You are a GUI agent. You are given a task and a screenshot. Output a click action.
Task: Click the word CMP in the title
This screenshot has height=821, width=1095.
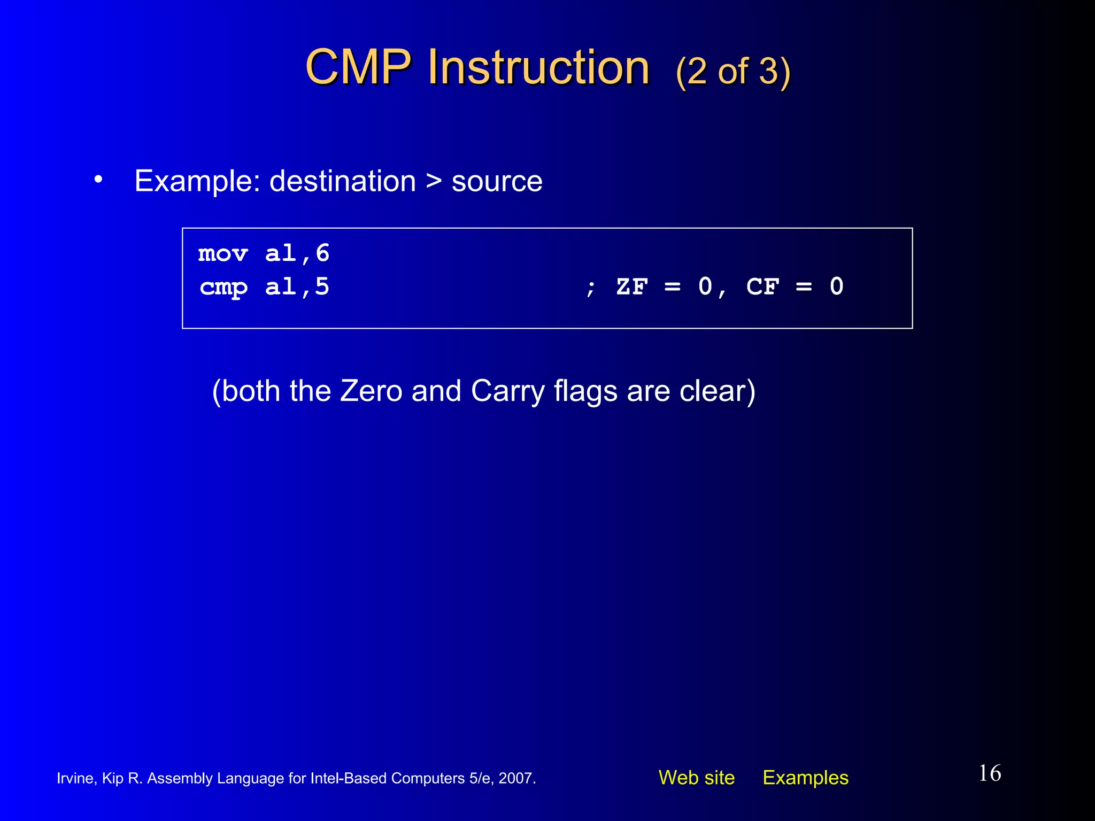[x=358, y=68]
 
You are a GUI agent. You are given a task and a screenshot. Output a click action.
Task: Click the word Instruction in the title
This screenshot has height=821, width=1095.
[x=538, y=68]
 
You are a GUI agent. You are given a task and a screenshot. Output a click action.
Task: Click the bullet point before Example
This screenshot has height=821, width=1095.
[x=98, y=180]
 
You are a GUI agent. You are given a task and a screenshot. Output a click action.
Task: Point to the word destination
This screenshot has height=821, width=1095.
[x=343, y=181]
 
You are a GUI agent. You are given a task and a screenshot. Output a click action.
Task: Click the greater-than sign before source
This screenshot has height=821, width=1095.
[x=434, y=181]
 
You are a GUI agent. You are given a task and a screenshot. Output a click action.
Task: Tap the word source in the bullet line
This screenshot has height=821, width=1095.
[x=497, y=182]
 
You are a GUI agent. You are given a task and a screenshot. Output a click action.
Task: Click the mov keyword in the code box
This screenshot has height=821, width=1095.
[x=223, y=253]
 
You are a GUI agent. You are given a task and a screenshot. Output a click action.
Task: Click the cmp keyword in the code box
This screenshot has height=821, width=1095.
[x=223, y=288]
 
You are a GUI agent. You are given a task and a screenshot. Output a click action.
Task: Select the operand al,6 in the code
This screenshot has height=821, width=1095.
[x=297, y=253]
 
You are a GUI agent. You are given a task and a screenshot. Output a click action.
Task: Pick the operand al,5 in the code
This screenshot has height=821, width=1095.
[x=297, y=287]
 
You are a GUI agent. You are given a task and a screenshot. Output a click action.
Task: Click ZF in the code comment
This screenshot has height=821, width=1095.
[x=632, y=287]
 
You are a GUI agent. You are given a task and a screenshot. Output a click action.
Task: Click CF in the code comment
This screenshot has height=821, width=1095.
[x=763, y=287]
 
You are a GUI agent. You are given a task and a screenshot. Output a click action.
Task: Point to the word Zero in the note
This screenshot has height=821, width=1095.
[x=371, y=391]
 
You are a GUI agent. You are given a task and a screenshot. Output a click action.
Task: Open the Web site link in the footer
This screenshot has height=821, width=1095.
[x=697, y=778]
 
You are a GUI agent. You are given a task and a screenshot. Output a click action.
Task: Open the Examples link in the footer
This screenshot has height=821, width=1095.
[x=805, y=778]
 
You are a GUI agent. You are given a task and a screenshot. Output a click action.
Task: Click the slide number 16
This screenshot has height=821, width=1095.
[x=990, y=773]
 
